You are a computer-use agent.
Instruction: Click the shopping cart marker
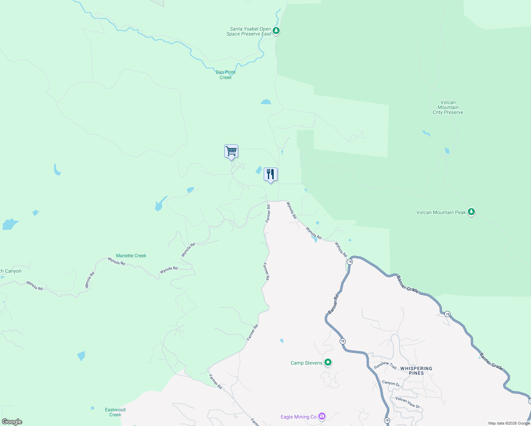pos(231,152)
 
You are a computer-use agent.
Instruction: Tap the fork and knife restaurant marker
pos(270,174)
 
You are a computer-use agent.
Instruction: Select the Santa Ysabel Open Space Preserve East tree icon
pos(276,31)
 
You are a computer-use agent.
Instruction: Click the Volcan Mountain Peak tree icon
pos(471,212)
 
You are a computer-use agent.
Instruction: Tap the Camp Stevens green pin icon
pos(328,362)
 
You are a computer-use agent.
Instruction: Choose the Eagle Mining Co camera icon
pos(322,416)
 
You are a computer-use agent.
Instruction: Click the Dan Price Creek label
pos(226,75)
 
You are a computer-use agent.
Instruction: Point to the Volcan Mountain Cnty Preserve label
pos(448,107)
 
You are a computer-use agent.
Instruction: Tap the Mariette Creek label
pos(131,256)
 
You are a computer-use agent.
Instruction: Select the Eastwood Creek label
pos(115,412)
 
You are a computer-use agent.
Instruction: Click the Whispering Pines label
pos(416,371)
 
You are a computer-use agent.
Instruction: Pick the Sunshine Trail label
pos(385,365)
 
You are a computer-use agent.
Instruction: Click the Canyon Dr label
pos(391,383)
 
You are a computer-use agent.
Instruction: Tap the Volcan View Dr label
pos(407,402)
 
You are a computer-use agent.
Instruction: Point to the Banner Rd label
pos(333,304)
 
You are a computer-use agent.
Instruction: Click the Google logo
pos(12,422)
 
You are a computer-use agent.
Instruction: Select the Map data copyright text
pos(509,423)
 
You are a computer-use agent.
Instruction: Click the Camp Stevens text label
pos(306,363)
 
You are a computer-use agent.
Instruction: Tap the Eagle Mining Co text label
pos(299,417)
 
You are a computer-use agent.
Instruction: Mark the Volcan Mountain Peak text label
pos(441,212)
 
